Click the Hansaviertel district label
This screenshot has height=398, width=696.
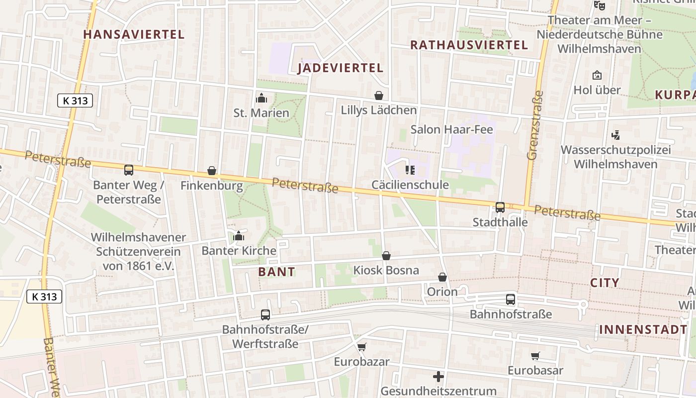point(134,34)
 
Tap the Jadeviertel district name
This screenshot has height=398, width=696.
point(341,68)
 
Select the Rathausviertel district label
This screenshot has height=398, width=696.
point(469,45)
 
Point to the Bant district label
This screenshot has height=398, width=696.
point(277,272)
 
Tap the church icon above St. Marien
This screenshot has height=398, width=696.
point(261,99)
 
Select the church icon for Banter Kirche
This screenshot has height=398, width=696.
point(239,236)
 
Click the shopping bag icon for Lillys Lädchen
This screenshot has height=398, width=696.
point(379,96)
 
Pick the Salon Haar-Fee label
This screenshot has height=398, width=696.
point(451,130)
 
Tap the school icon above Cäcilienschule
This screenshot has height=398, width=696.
point(410,171)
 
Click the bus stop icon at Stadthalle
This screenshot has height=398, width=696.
point(500,207)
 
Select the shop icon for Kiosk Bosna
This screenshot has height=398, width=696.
point(386,256)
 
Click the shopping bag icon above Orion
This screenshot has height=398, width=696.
point(442,277)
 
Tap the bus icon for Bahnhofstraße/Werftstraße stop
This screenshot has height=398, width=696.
point(265,315)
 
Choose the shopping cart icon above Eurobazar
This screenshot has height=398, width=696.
point(361,347)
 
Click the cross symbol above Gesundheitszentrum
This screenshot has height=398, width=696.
point(438,377)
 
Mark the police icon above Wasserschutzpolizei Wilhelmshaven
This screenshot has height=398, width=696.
point(616,135)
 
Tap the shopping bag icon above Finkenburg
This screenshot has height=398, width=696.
point(212,171)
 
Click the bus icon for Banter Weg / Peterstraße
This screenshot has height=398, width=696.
point(129,171)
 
